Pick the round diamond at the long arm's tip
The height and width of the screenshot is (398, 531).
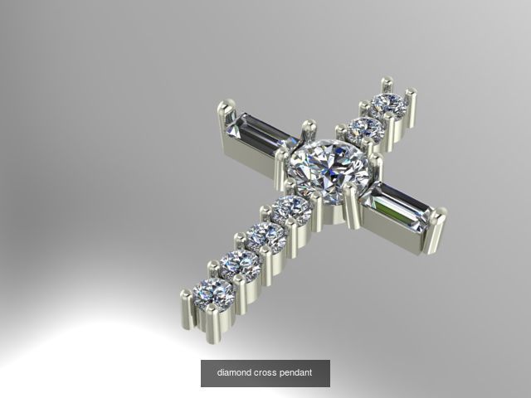212,292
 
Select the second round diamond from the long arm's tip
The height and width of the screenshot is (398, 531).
241,265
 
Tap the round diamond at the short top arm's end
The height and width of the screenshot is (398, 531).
387,104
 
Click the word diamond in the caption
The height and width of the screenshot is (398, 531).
234,373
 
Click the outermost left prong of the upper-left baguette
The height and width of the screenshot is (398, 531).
223,116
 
